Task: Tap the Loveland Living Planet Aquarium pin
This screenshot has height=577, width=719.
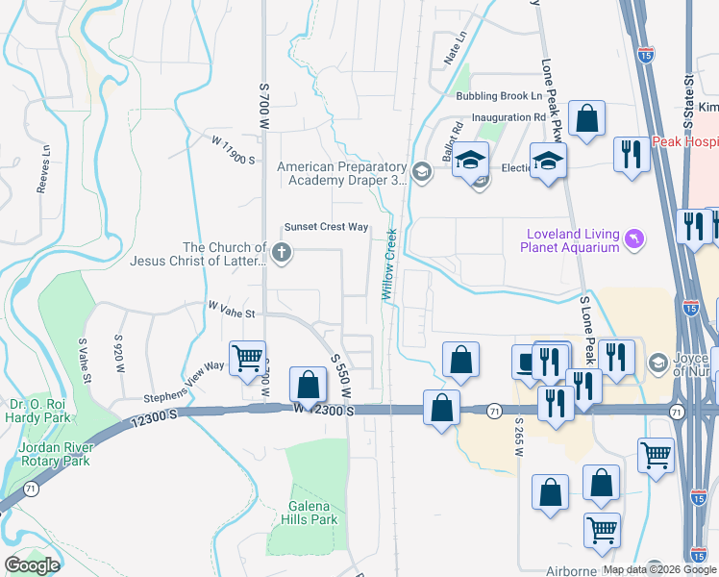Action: coord(633,238)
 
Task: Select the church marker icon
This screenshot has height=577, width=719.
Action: coord(281,254)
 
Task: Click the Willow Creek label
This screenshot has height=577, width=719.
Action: coord(391,263)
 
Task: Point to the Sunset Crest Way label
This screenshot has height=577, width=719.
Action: coord(326,227)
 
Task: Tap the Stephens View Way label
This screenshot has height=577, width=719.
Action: coord(184,382)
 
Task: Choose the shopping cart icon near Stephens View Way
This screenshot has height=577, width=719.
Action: coord(248,359)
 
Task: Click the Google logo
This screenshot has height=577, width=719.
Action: coord(32,565)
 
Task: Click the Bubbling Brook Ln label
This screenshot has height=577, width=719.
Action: coord(499,96)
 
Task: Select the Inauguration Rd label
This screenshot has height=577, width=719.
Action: coord(508,118)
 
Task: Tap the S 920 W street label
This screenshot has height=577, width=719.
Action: coord(119,352)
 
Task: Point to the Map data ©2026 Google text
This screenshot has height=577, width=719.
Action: coord(659,569)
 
